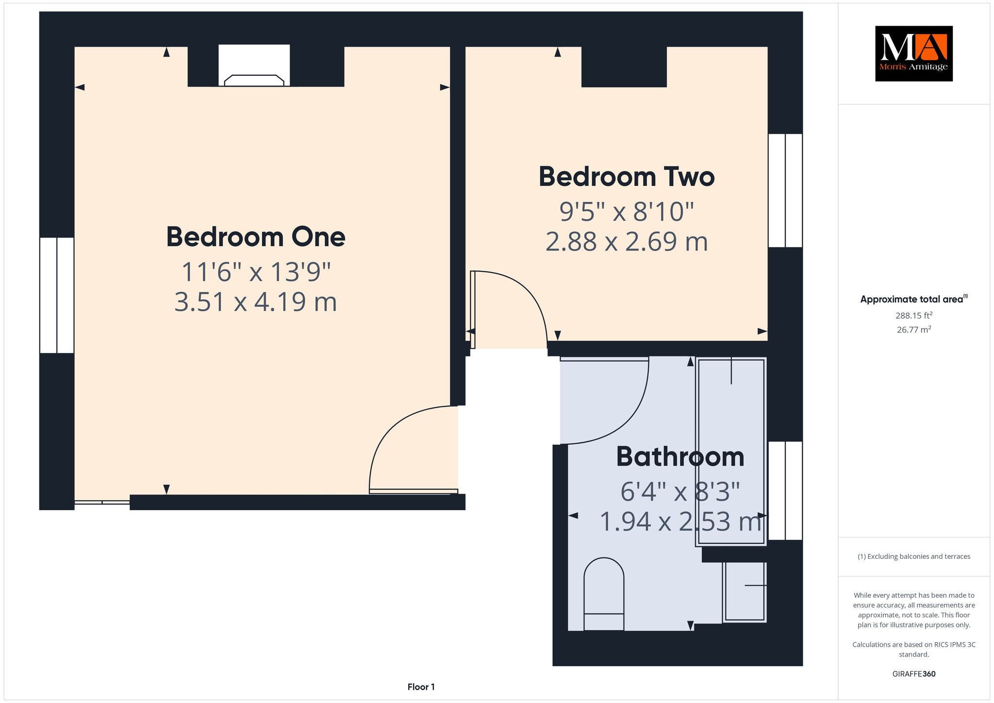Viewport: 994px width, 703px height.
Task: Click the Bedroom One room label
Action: (256, 237)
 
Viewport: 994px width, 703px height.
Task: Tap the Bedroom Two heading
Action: (627, 177)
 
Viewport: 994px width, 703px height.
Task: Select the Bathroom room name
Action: (680, 457)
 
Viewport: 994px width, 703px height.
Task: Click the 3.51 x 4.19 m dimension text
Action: (256, 302)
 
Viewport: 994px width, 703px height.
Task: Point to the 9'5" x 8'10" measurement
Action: (627, 212)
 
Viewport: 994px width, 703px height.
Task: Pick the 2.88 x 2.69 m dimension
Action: (627, 242)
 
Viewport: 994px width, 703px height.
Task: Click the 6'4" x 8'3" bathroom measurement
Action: (680, 492)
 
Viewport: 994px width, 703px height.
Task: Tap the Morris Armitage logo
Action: (913, 53)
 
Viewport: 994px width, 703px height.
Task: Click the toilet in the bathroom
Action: (604, 594)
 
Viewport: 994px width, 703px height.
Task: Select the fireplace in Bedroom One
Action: (254, 66)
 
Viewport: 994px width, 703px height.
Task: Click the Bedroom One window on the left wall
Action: (57, 295)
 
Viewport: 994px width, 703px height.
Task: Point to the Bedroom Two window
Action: (785, 190)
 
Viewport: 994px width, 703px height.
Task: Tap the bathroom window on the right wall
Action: (785, 490)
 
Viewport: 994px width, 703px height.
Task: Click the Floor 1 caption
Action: (421, 687)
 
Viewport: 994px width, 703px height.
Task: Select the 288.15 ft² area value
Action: (914, 315)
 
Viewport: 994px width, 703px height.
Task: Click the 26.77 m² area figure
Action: (914, 329)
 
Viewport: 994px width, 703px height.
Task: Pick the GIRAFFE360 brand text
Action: (914, 674)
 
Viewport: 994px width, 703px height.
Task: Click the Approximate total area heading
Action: (914, 299)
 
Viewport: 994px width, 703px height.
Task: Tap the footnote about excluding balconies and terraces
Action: (914, 556)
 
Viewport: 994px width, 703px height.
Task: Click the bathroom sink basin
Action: (745, 591)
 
